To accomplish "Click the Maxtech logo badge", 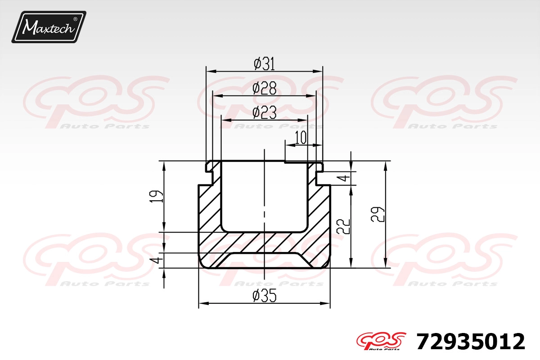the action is [49, 27].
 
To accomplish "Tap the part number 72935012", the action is [471, 342].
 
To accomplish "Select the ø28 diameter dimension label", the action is [264, 88].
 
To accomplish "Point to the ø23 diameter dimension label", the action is [264, 113].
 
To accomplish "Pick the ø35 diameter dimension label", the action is [264, 296].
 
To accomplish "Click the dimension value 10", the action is [301, 138].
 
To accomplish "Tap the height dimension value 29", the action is [378, 214].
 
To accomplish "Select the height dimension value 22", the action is [343, 226].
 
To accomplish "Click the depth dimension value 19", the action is [156, 197].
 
